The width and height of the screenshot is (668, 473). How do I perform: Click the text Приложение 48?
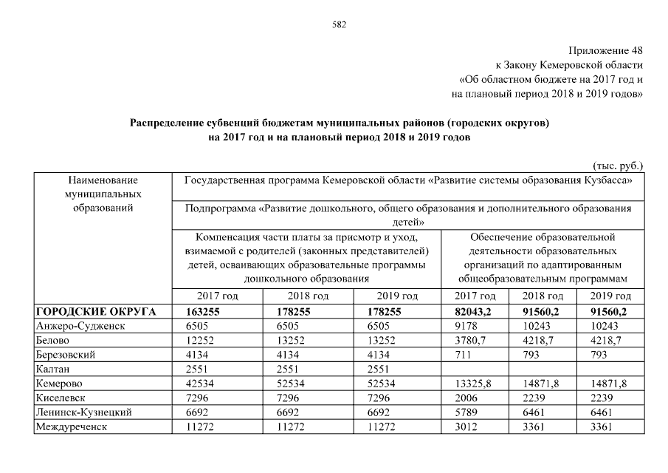[x=606, y=51]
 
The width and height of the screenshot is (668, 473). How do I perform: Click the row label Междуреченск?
[x=70, y=426]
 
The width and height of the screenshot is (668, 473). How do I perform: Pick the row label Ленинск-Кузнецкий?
[x=83, y=412]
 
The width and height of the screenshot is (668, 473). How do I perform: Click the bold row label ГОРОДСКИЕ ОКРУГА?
[x=96, y=311]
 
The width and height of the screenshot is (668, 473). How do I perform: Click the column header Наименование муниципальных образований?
[x=103, y=194]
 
